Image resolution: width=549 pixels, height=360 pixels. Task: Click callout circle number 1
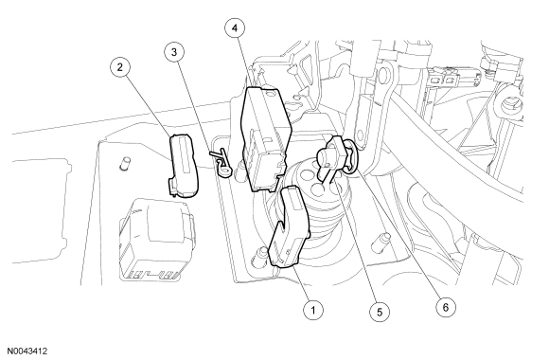[313, 310]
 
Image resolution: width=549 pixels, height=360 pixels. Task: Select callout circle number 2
[120, 67]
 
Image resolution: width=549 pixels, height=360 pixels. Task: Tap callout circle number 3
[174, 52]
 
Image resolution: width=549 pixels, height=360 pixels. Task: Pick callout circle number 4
[235, 28]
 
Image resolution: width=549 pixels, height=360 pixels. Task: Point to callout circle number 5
[380, 312]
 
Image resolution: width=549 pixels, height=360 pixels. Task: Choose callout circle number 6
[446, 307]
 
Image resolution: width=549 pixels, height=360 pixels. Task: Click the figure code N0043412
[27, 351]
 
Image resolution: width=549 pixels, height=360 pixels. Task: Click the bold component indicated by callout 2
[184, 166]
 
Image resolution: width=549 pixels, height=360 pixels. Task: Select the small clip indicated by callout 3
[221, 162]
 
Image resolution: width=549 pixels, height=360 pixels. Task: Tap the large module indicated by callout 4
[265, 140]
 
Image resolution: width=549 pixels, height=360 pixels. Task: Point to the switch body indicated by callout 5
[330, 154]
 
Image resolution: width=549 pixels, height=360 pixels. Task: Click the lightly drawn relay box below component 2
[156, 240]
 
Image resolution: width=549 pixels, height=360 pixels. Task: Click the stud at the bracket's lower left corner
[260, 255]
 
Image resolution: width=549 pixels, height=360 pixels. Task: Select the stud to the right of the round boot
[380, 242]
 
